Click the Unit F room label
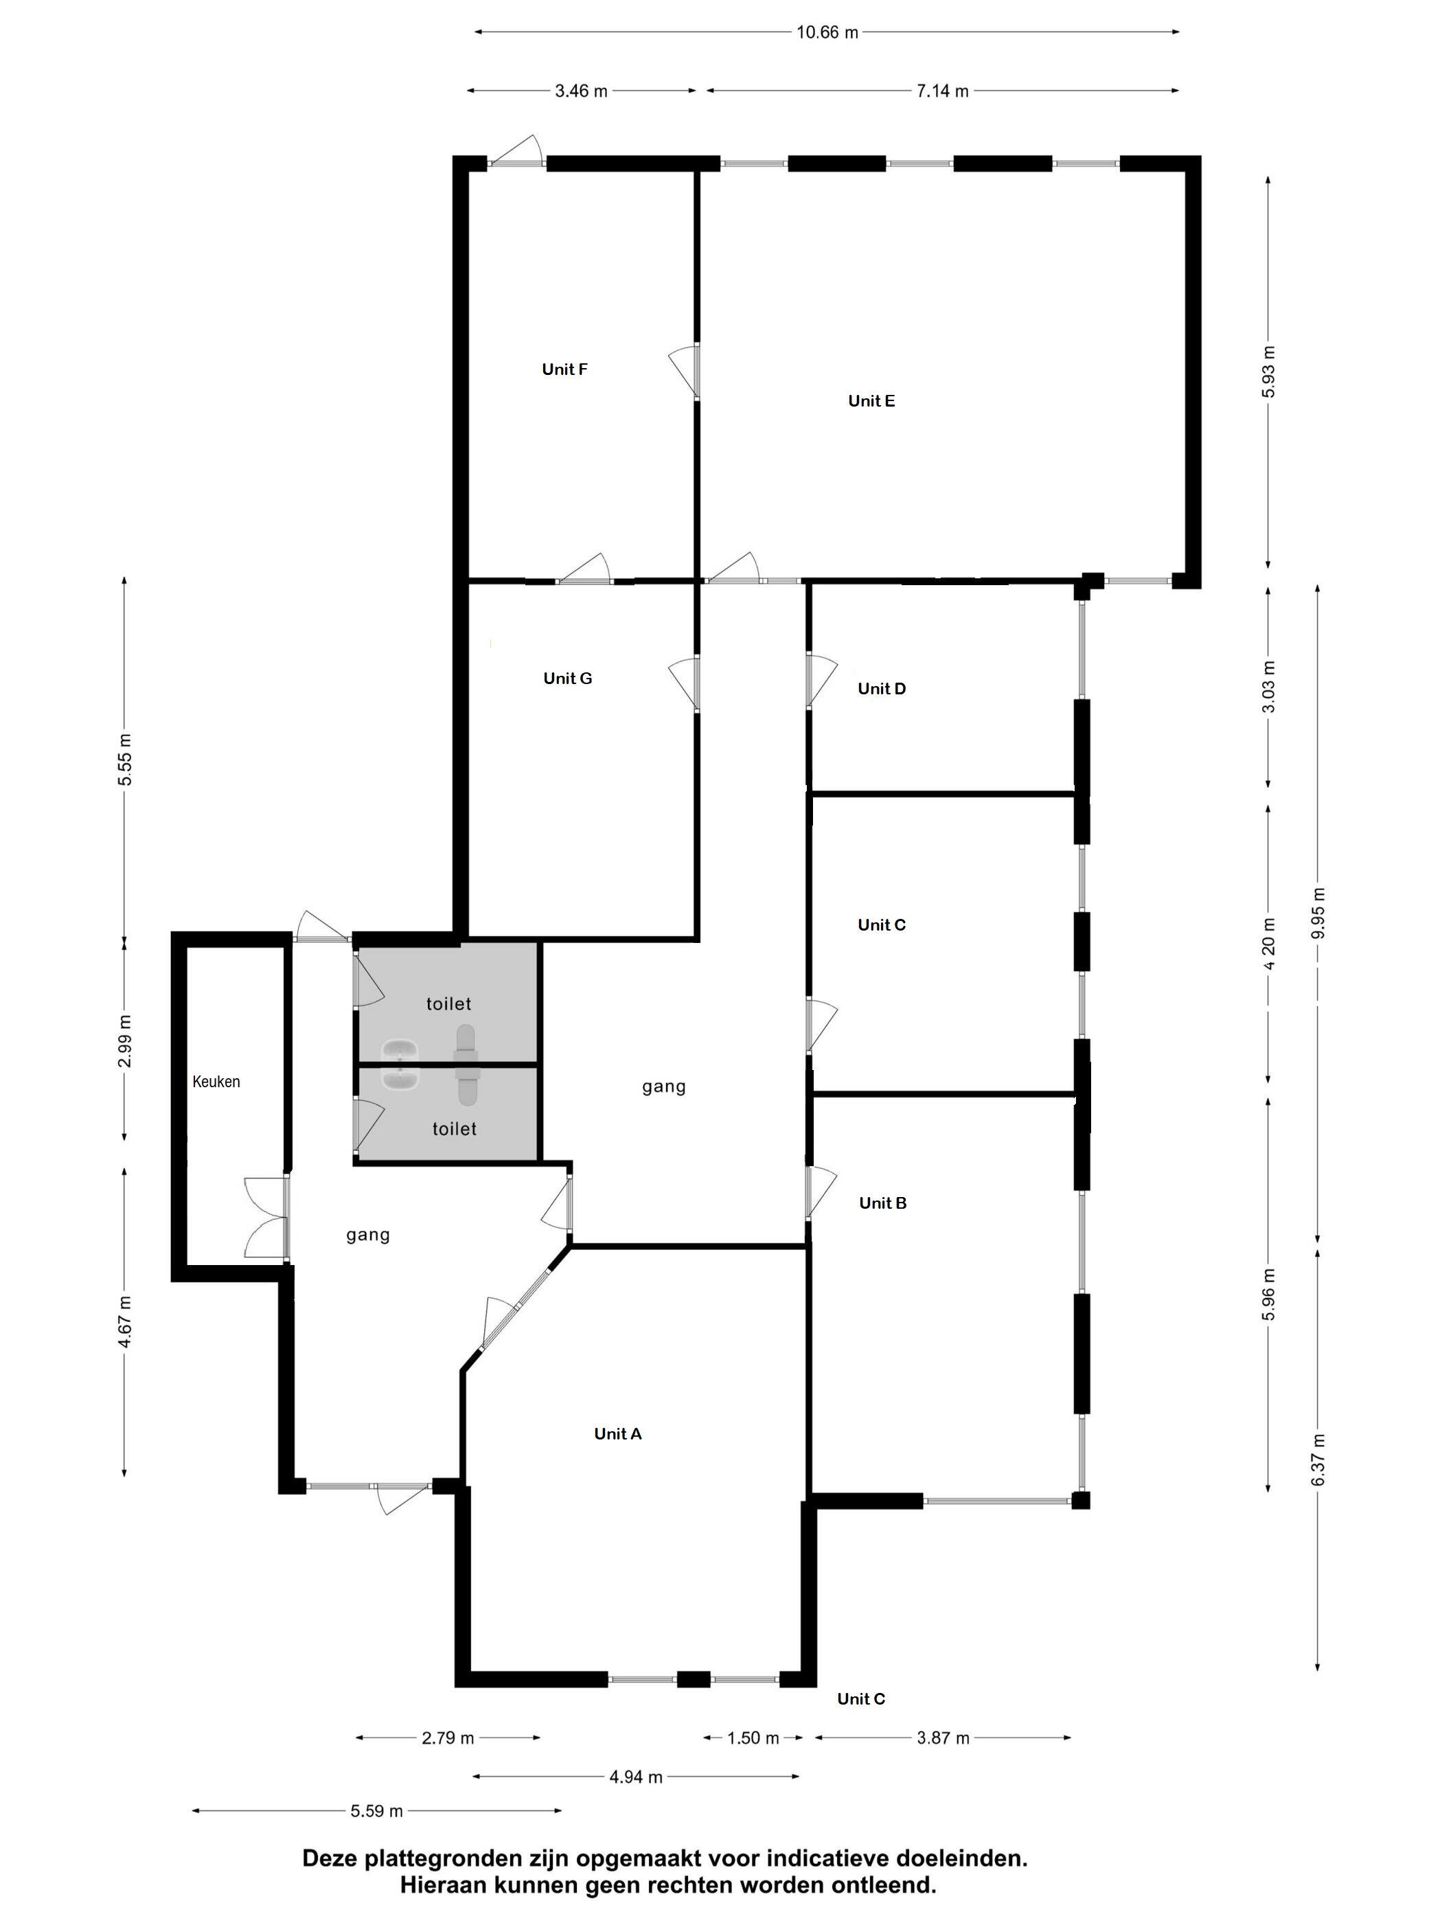click(x=564, y=369)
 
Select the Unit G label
click(x=568, y=678)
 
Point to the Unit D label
click(x=882, y=689)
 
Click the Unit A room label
click(x=617, y=1433)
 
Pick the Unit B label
click(x=882, y=1203)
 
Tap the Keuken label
click(x=216, y=1082)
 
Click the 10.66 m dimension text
click(x=827, y=33)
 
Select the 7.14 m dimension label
click(x=942, y=91)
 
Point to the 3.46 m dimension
click(x=581, y=91)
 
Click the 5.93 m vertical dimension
click(x=1269, y=372)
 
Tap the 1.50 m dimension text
click(x=753, y=1738)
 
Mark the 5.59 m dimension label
click(x=376, y=1811)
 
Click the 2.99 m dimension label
click(x=126, y=1041)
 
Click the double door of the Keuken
click(x=266, y=1217)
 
